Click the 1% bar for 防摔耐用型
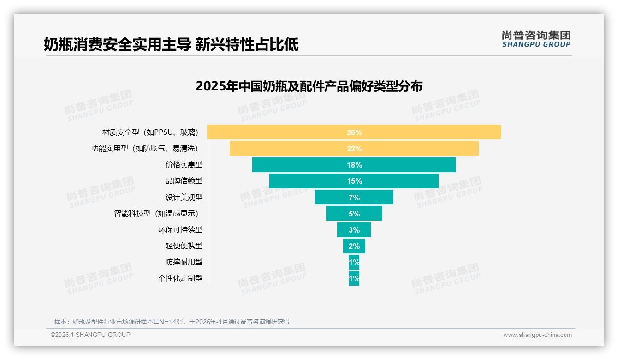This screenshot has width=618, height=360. coord(354,262)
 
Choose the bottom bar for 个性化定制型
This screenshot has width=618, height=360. coord(354,278)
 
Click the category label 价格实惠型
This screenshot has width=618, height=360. coord(184,165)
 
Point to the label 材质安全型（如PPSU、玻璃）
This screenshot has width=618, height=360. coord(150,132)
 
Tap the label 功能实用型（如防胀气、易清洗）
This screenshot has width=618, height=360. coord(145,149)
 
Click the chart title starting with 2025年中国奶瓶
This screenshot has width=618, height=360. coord(309,86)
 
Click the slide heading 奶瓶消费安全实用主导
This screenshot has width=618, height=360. coord(171,44)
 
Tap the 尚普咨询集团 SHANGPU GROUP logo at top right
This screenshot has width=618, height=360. coord(536,39)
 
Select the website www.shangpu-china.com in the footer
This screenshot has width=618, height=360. coord(537,335)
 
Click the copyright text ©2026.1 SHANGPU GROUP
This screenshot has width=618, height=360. coord(90,335)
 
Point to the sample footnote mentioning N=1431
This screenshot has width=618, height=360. coord(172,322)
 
